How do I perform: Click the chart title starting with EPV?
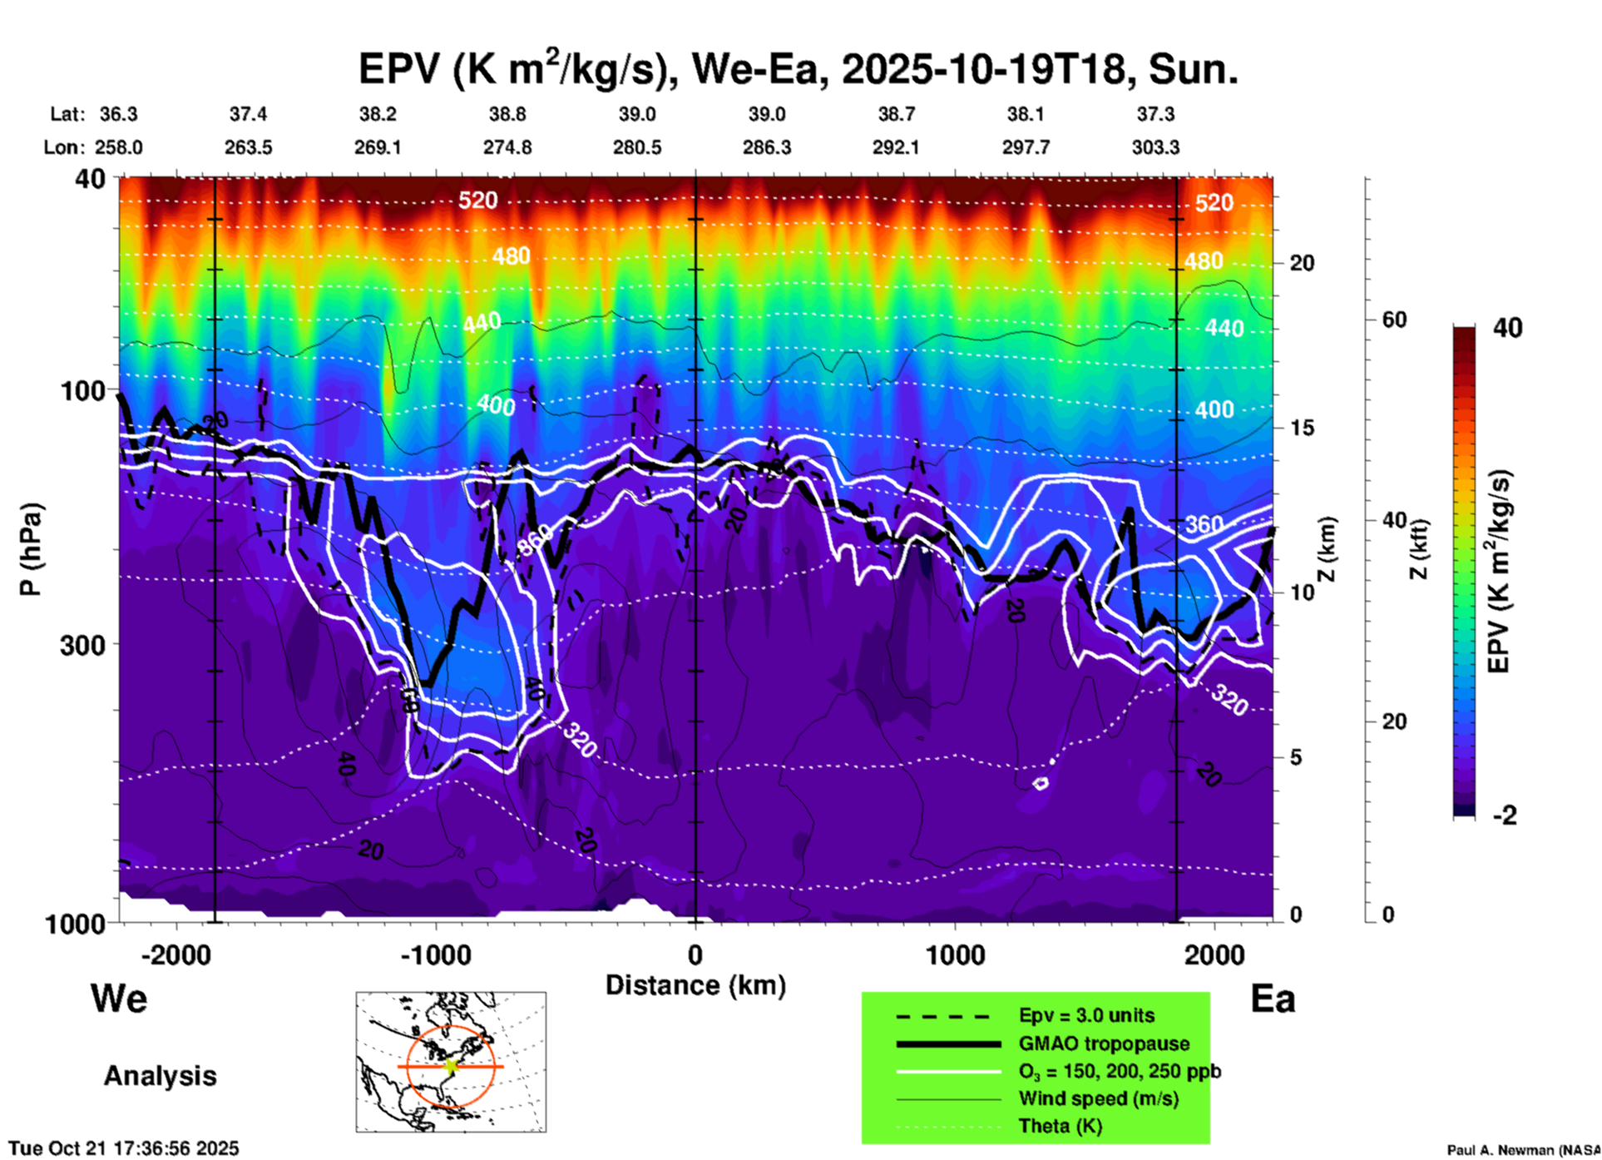click(798, 68)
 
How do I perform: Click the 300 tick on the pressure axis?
click(82, 645)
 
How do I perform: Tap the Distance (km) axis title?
click(695, 985)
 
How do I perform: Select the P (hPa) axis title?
click(31, 549)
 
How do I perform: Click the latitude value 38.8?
click(507, 114)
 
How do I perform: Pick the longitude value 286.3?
click(767, 147)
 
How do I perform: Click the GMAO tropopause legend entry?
click(1104, 1044)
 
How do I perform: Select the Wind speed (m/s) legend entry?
click(1098, 1098)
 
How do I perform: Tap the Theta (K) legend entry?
click(1061, 1126)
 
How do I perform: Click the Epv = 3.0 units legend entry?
click(1086, 1015)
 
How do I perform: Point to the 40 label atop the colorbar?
click(1507, 328)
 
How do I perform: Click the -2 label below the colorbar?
click(1505, 815)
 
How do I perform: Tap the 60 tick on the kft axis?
click(1394, 320)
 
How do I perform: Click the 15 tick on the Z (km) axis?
click(1302, 428)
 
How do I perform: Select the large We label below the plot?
click(119, 998)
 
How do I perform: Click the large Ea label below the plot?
click(1273, 999)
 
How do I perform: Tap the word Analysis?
click(160, 1076)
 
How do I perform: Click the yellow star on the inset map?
click(451, 1066)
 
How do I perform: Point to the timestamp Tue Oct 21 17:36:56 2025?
click(124, 1148)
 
